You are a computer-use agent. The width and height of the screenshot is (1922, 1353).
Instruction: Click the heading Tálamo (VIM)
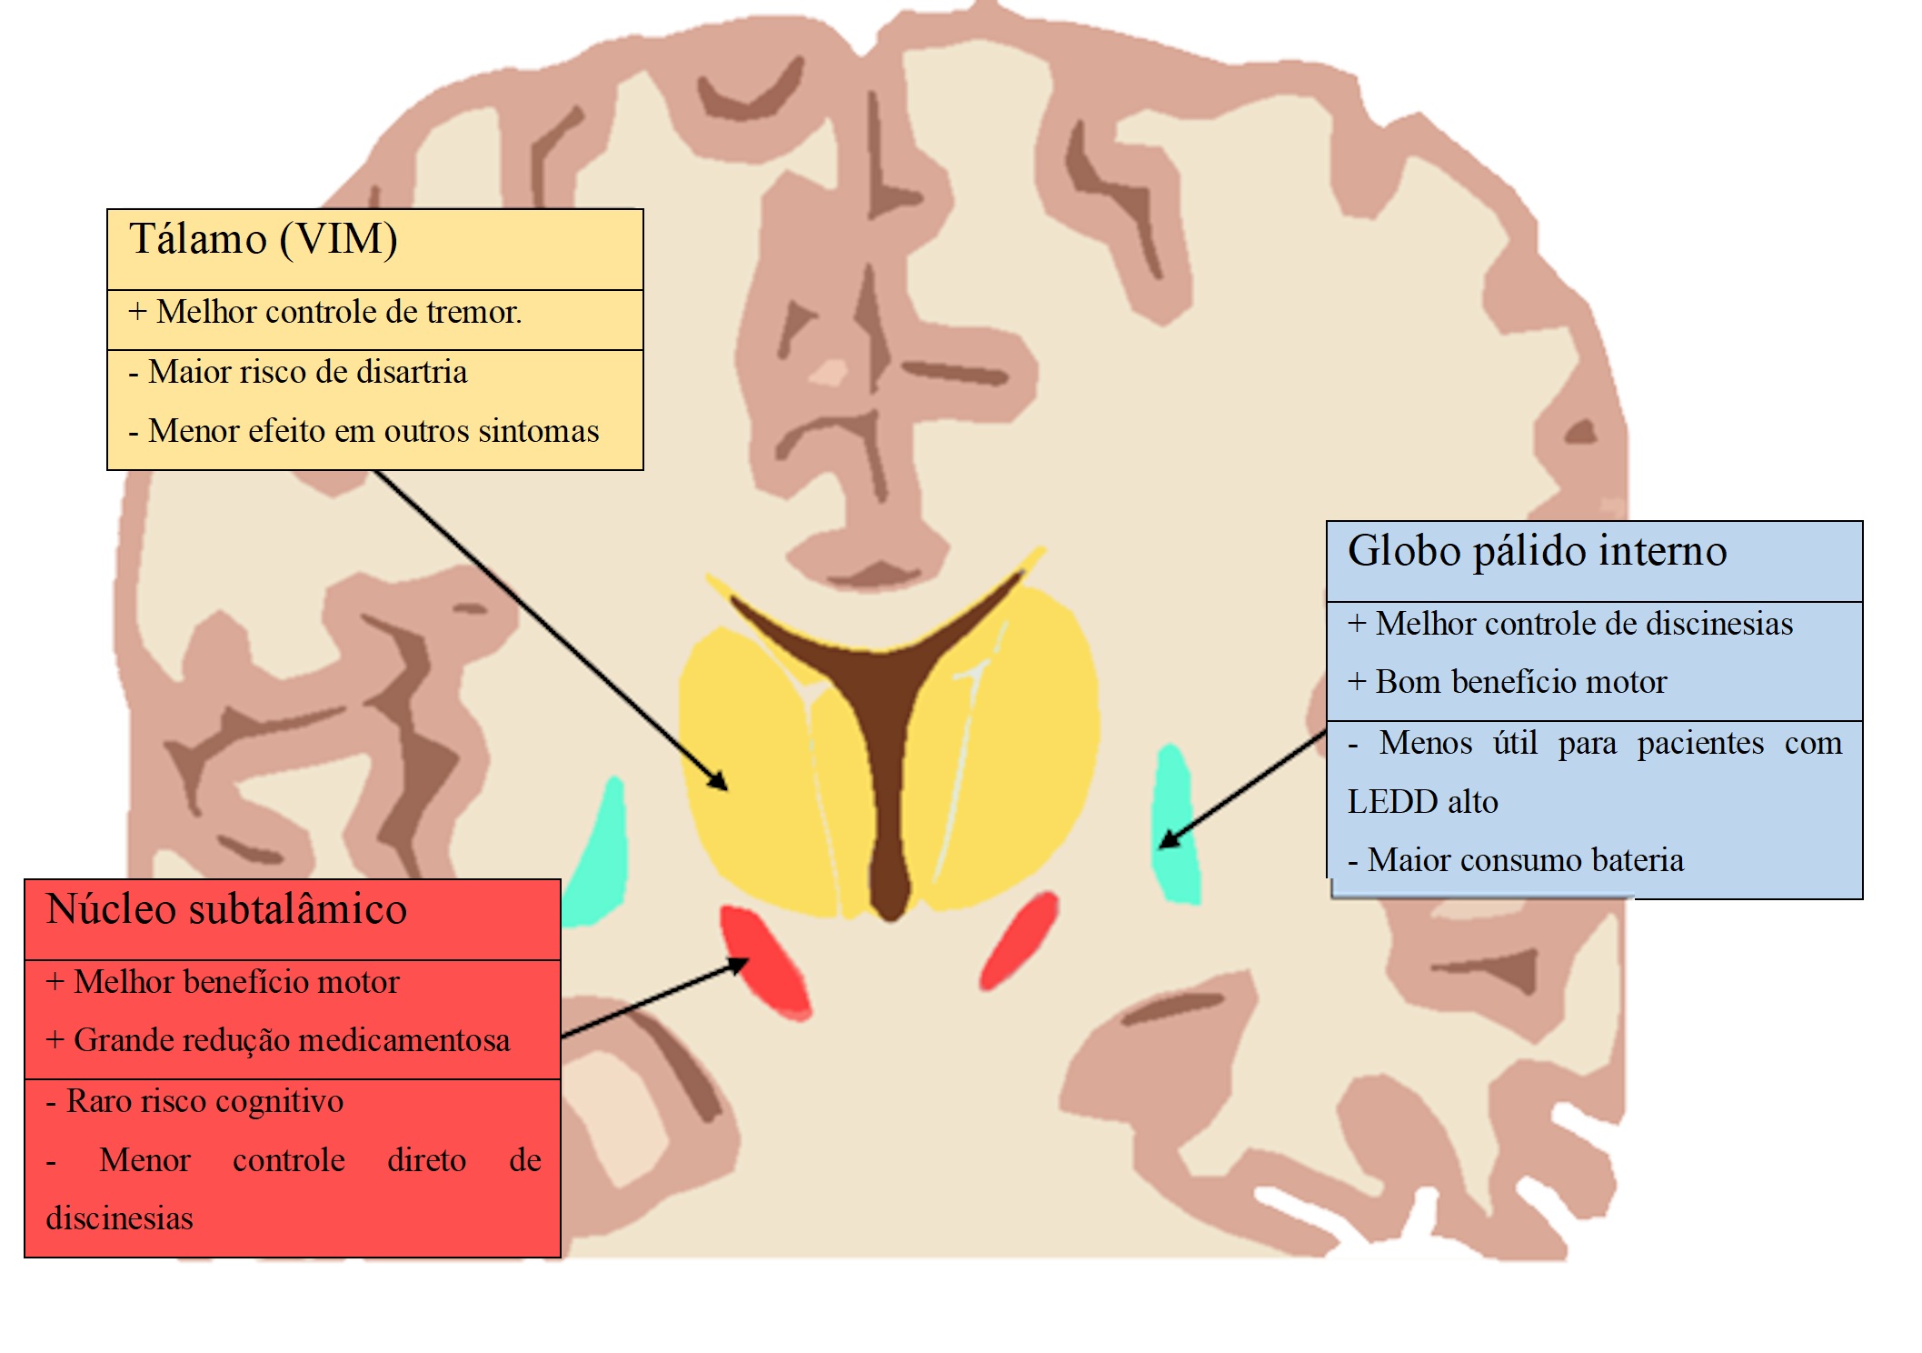[x=264, y=240]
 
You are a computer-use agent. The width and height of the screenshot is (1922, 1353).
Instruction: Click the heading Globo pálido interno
[x=1537, y=551]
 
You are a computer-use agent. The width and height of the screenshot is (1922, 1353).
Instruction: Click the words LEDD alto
[x=1422, y=802]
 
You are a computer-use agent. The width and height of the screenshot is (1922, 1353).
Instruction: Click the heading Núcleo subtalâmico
[x=226, y=909]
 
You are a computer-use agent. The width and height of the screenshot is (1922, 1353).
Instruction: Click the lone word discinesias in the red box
[x=119, y=1218]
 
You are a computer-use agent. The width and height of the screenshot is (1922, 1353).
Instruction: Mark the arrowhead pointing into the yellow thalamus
[x=720, y=783]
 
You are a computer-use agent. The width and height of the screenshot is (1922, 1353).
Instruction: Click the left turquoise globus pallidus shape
[x=600, y=855]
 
